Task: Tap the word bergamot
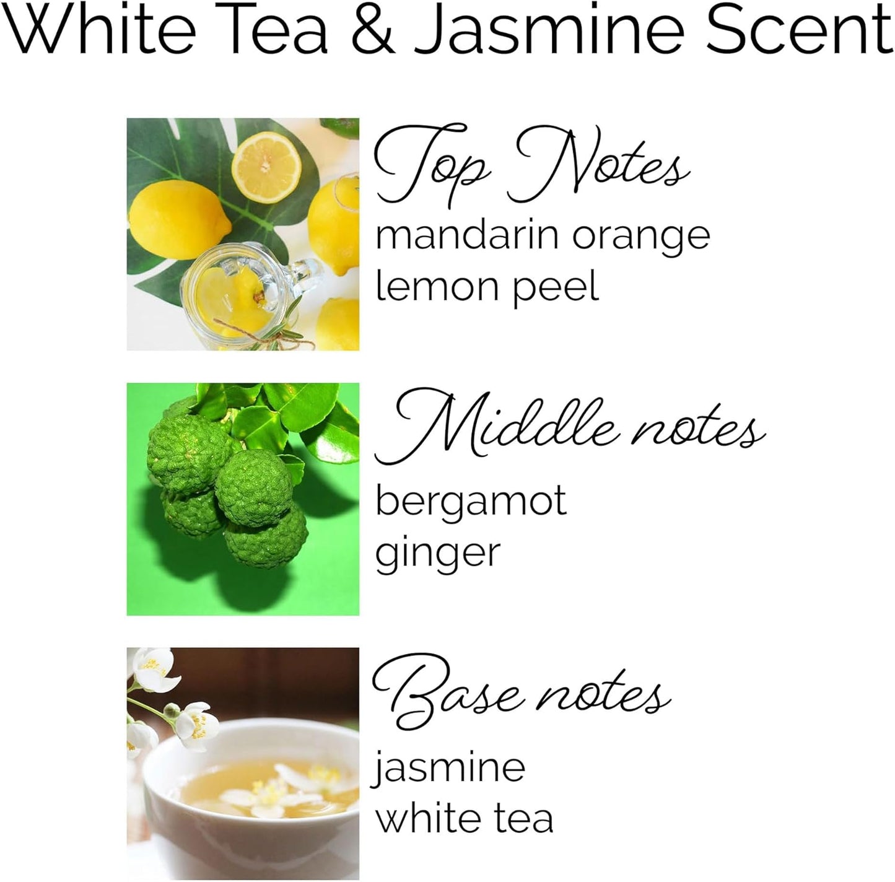pos(471,502)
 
